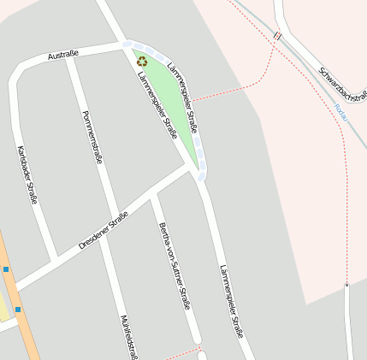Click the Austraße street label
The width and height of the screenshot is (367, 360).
tap(63, 55)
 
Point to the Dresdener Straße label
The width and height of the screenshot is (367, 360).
tap(103, 230)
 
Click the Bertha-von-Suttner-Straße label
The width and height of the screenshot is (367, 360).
tap(174, 265)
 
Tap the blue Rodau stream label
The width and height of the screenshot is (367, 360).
tap(340, 111)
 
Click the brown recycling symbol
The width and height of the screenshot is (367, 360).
tap(142, 61)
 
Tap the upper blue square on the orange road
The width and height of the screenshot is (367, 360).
tap(6, 270)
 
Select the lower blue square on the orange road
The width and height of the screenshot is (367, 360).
tap(17, 309)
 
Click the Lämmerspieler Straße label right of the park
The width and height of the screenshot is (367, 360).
tap(186, 97)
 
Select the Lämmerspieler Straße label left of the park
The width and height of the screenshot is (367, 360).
tap(157, 105)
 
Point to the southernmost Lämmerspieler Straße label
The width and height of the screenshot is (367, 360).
tap(231, 300)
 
